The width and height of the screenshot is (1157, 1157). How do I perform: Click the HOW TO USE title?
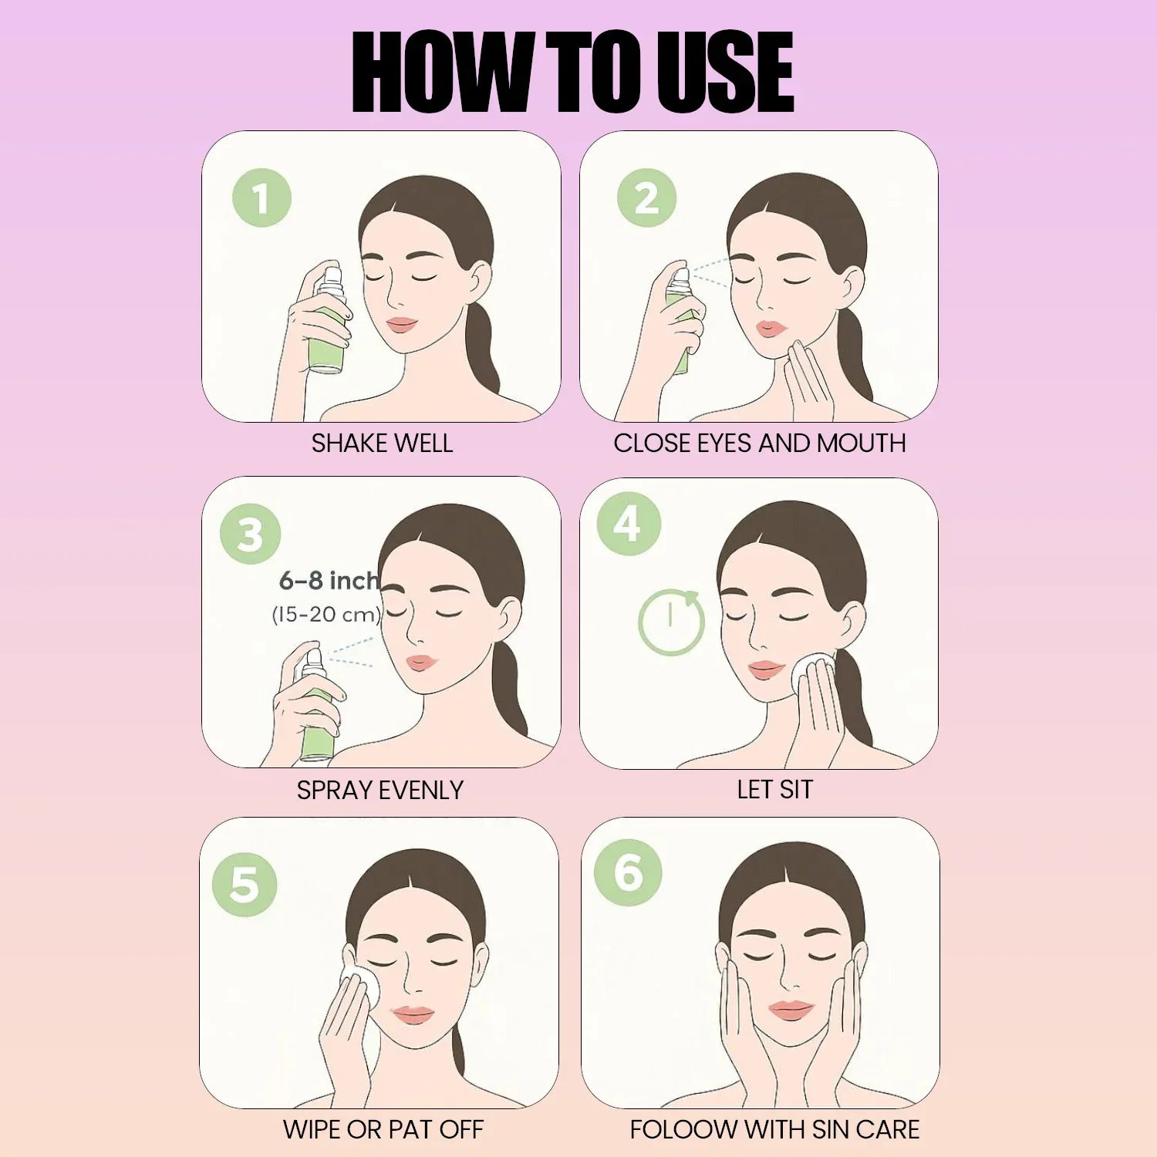pyautogui.click(x=572, y=73)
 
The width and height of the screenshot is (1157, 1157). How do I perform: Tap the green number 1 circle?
pyautogui.click(x=261, y=198)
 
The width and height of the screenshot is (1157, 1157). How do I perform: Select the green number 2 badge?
pyautogui.click(x=646, y=198)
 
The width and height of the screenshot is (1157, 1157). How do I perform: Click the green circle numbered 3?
pyautogui.click(x=250, y=534)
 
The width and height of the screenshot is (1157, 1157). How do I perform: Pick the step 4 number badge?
pyautogui.click(x=629, y=525)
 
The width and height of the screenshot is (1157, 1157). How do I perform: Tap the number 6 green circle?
pyautogui.click(x=628, y=872)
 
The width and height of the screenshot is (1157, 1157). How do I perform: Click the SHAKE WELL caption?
pyautogui.click(x=382, y=444)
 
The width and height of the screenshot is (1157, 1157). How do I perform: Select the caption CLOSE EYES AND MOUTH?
pyautogui.click(x=759, y=444)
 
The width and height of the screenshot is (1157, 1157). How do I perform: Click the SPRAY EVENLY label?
pyautogui.click(x=379, y=791)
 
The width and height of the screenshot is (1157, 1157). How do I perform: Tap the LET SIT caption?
pyautogui.click(x=774, y=790)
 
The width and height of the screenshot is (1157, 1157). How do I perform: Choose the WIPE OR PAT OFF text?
pyautogui.click(x=383, y=1130)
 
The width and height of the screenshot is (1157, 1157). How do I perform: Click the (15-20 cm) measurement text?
pyautogui.click(x=326, y=615)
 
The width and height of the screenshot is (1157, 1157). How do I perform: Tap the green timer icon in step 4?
pyautogui.click(x=671, y=623)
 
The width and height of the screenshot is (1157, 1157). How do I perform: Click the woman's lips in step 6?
pyautogui.click(x=791, y=1009)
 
